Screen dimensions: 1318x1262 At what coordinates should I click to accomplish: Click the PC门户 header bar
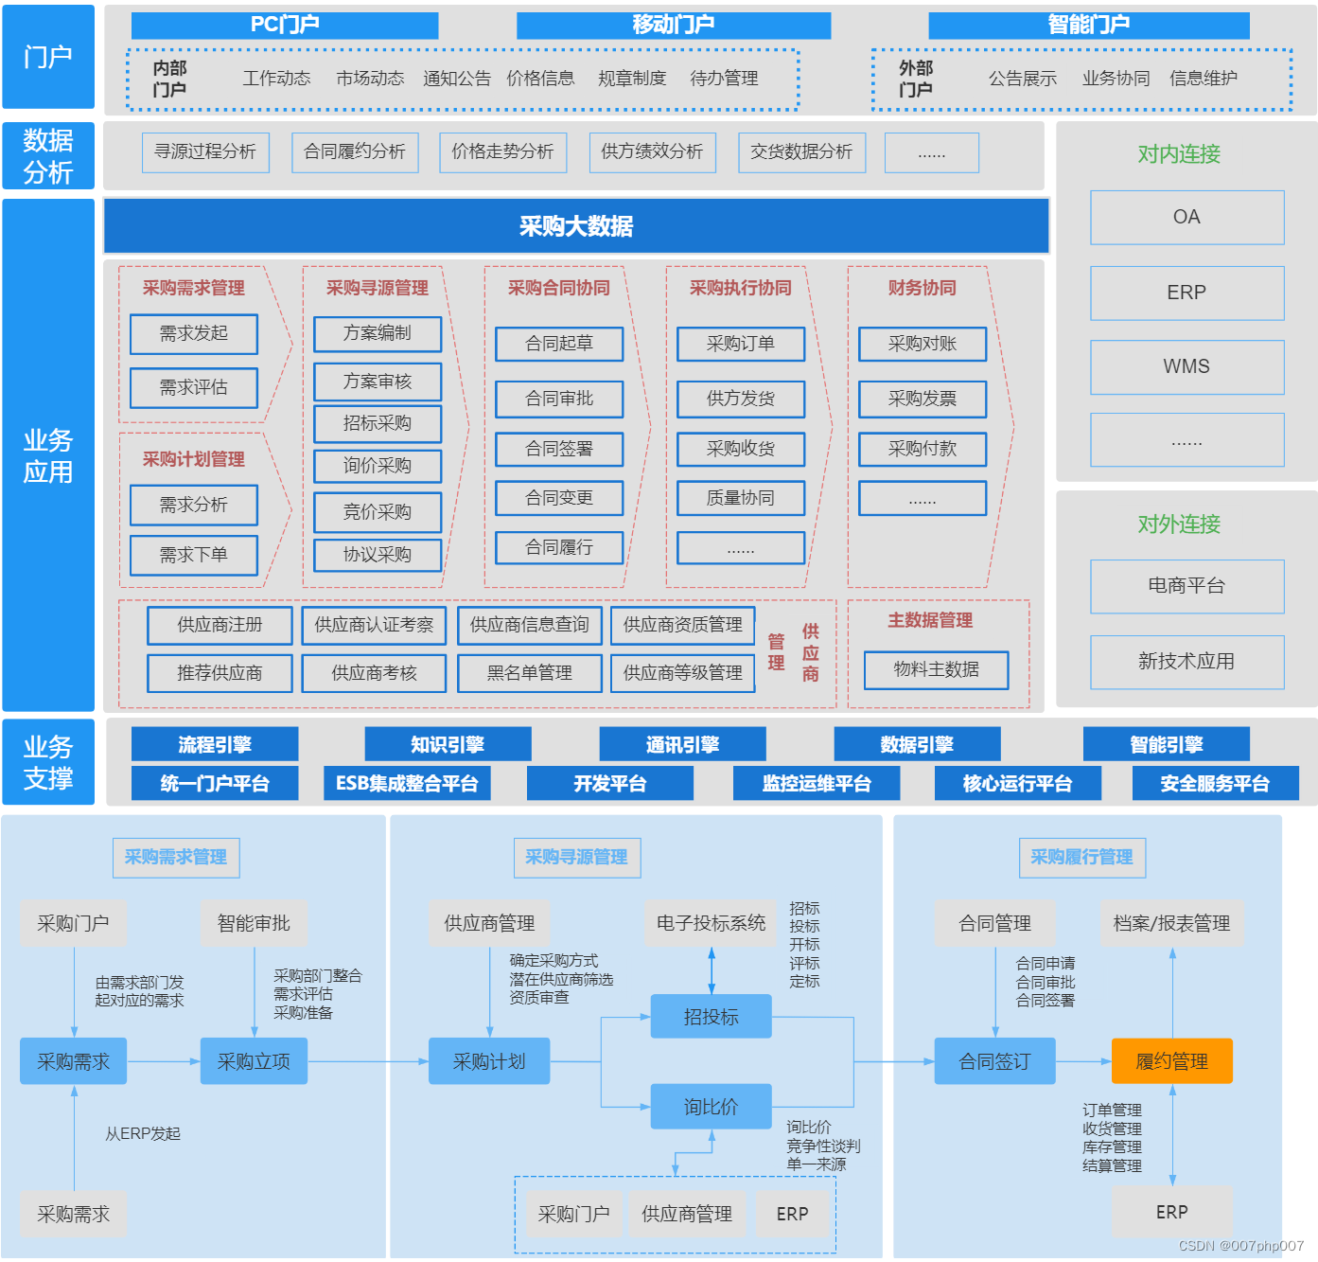[285, 26]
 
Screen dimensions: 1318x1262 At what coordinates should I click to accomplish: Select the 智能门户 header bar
[1088, 26]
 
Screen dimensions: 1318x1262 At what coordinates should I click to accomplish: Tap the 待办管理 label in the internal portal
[724, 79]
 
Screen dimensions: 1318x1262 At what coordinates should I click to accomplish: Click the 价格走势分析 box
[502, 152]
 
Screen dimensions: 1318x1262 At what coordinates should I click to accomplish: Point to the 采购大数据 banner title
[575, 226]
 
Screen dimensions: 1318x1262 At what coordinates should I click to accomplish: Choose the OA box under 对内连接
[1186, 218]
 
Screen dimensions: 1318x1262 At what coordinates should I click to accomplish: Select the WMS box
[1186, 367]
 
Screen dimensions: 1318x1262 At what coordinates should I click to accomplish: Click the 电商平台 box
[1186, 586]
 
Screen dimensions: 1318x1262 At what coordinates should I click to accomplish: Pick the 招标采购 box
[378, 423]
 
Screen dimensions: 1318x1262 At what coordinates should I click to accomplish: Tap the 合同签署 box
[559, 449]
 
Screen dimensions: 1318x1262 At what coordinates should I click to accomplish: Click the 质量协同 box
[741, 498]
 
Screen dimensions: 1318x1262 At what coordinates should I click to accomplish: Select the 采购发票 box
[923, 399]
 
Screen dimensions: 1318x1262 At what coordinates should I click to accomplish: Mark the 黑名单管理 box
[530, 673]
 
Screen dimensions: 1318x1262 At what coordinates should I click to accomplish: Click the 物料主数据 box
[936, 669]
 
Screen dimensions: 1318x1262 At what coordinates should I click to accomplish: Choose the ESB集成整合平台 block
[407, 784]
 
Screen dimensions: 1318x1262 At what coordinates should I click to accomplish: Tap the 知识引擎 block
[448, 745]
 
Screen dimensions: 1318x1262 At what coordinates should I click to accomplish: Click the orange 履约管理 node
[1171, 1061]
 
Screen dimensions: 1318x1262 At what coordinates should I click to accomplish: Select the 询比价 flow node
[711, 1107]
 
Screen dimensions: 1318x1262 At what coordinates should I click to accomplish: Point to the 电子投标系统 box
[711, 923]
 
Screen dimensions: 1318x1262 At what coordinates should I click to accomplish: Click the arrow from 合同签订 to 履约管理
[1083, 1061]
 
